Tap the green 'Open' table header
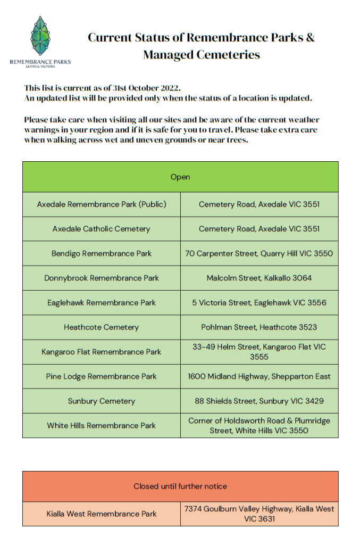tap(180, 177)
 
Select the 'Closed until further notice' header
tap(180, 486)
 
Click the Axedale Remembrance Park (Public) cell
tap(102, 204)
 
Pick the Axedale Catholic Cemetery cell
tap(102, 229)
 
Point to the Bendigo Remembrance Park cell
tap(102, 253)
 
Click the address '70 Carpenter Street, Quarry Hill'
tap(259, 253)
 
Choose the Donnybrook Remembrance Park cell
tap(102, 278)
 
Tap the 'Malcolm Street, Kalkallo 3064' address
tap(259, 278)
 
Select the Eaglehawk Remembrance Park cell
tap(102, 302)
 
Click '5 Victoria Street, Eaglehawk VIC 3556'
tap(259, 302)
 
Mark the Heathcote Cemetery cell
tap(102, 327)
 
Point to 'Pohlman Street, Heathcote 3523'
tap(259, 327)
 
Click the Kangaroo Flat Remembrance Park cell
tap(102, 352)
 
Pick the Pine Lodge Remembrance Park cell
tap(102, 376)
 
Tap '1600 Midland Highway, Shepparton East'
tap(259, 376)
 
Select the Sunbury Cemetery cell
tap(102, 401)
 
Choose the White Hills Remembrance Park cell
tap(102, 425)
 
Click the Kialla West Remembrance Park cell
tap(102, 514)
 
